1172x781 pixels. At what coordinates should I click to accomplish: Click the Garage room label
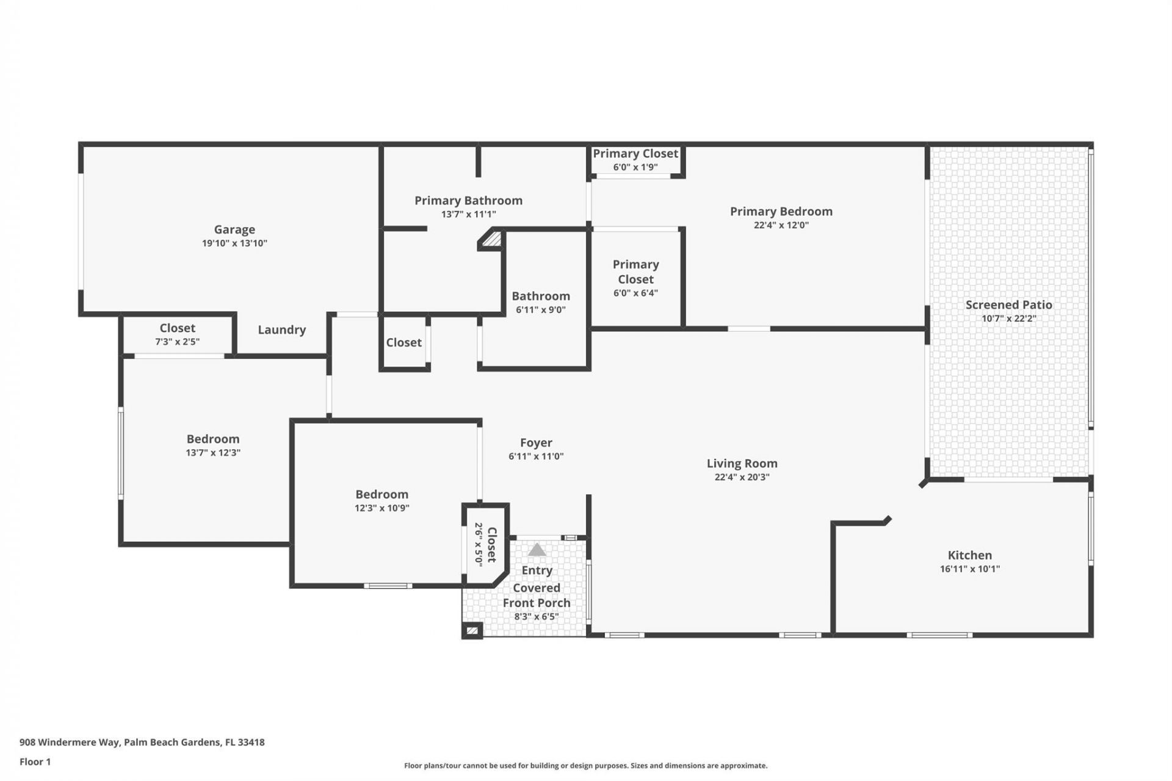click(234, 229)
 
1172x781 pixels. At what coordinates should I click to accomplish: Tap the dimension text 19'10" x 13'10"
click(234, 243)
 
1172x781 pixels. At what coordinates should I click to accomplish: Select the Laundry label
click(281, 329)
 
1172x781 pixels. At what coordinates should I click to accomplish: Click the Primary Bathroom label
click(468, 200)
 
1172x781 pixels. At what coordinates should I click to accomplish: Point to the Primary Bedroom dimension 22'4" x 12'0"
click(781, 225)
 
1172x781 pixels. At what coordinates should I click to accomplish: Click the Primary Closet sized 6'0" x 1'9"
click(635, 154)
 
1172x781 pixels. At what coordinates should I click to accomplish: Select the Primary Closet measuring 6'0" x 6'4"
click(635, 272)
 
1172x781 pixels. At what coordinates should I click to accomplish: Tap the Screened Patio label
click(1008, 304)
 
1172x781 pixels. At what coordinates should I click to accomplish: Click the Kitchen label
click(969, 555)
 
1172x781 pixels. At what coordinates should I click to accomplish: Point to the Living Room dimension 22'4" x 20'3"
click(742, 477)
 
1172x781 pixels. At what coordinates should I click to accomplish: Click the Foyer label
click(536, 443)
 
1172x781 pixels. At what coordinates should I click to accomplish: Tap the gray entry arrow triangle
click(537, 550)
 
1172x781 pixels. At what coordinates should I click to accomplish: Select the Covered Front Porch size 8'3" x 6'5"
click(536, 617)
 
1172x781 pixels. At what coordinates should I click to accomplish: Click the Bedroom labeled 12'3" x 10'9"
click(382, 494)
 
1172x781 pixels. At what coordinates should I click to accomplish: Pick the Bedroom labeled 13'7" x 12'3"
click(213, 439)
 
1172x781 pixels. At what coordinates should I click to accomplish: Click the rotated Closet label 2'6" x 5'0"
click(491, 544)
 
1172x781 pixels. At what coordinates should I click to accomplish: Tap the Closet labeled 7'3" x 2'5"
click(177, 328)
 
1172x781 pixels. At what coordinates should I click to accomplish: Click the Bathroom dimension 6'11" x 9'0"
click(540, 310)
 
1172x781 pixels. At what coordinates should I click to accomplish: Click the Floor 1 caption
click(35, 761)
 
